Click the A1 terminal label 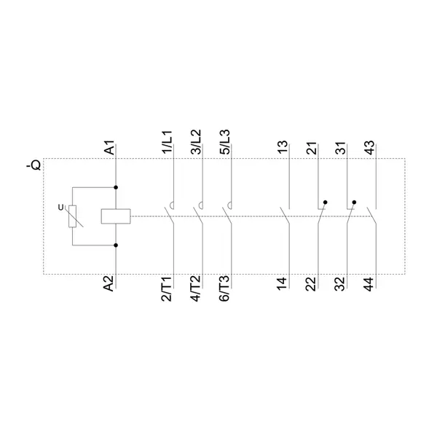click(109, 147)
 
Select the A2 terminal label click(109, 283)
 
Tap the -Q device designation click(34, 165)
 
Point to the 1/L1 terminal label click(168, 141)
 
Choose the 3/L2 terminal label click(196, 142)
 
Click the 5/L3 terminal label click(225, 142)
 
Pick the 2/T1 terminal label click(168, 288)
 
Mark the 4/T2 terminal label click(196, 288)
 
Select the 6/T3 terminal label click(225, 288)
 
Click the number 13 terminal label click(283, 147)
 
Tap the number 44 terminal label click(369, 284)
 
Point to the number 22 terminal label click(312, 284)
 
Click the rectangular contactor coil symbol click(116, 216)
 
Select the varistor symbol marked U click(73, 216)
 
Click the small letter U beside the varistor click(60, 208)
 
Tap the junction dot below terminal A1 click(116, 188)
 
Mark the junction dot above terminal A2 click(116, 245)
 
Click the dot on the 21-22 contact click(326, 202)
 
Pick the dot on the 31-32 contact click(354, 202)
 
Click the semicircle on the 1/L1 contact click(172, 205)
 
